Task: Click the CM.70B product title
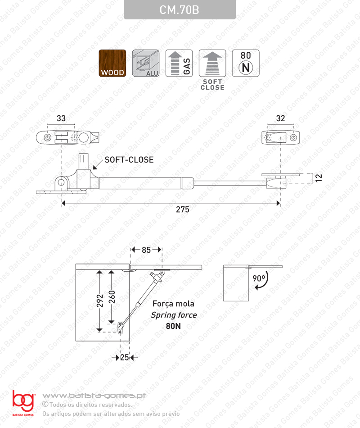[179, 10]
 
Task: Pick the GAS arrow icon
[179, 64]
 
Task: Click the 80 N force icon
[246, 63]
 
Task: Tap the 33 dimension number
[61, 119]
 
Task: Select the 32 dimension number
[280, 119]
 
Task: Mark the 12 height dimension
[319, 178]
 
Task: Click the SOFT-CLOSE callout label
[129, 160]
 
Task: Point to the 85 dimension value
[146, 249]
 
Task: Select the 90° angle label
[258, 278]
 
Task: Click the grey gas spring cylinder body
[146, 182]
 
